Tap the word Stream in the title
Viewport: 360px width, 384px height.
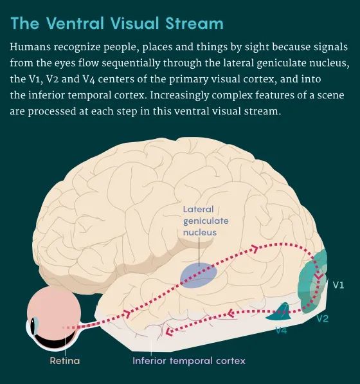point(194,24)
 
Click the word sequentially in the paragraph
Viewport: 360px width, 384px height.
point(130,63)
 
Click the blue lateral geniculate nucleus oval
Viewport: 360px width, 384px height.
point(199,275)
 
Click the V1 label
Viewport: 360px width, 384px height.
point(338,285)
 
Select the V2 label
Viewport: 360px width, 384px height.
point(322,318)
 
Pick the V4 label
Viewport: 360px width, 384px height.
point(281,330)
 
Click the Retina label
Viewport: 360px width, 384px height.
point(65,361)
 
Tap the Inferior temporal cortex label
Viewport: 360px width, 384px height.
point(189,361)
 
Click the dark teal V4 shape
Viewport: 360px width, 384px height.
point(281,313)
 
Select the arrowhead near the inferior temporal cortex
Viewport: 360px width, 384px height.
point(169,331)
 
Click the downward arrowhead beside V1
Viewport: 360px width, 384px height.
point(319,276)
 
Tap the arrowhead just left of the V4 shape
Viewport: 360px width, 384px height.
point(230,313)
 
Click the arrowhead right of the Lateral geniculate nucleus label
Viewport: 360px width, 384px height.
point(255,249)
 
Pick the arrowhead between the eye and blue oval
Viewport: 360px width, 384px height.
point(127,313)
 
